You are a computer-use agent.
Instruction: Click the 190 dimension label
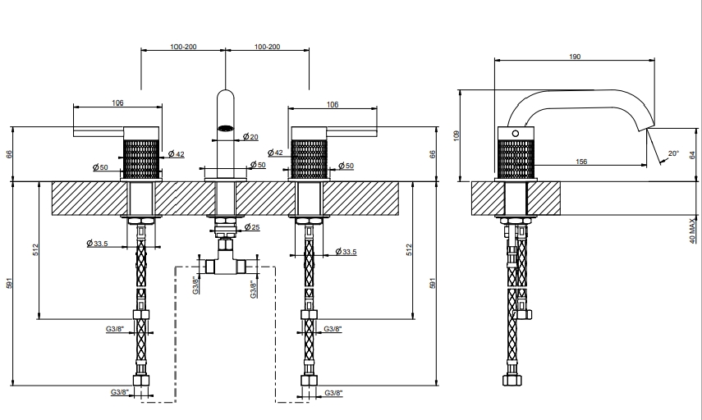(x=575, y=57)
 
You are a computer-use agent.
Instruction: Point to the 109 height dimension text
(x=457, y=135)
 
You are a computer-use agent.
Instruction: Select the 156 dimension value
(x=581, y=162)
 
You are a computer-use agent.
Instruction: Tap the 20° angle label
(x=673, y=153)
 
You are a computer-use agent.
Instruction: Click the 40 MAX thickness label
(x=693, y=231)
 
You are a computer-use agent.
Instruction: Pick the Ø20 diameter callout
(x=250, y=137)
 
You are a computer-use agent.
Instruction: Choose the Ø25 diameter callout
(x=252, y=227)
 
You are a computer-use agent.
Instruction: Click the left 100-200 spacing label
(x=183, y=47)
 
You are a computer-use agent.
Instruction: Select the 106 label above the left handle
(x=117, y=103)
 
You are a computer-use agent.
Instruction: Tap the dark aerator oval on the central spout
(x=226, y=128)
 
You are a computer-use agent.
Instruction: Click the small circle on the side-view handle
(x=516, y=133)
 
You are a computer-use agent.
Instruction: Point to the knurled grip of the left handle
(x=141, y=159)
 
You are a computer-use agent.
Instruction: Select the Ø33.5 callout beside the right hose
(x=346, y=252)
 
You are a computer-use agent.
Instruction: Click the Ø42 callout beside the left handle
(x=177, y=154)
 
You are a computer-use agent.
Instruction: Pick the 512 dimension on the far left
(x=35, y=249)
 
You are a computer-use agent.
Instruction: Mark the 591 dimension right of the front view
(x=433, y=283)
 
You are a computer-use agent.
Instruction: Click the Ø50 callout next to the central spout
(x=258, y=165)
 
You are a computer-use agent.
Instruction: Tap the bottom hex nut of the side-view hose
(x=512, y=380)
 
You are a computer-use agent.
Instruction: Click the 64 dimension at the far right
(x=693, y=155)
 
